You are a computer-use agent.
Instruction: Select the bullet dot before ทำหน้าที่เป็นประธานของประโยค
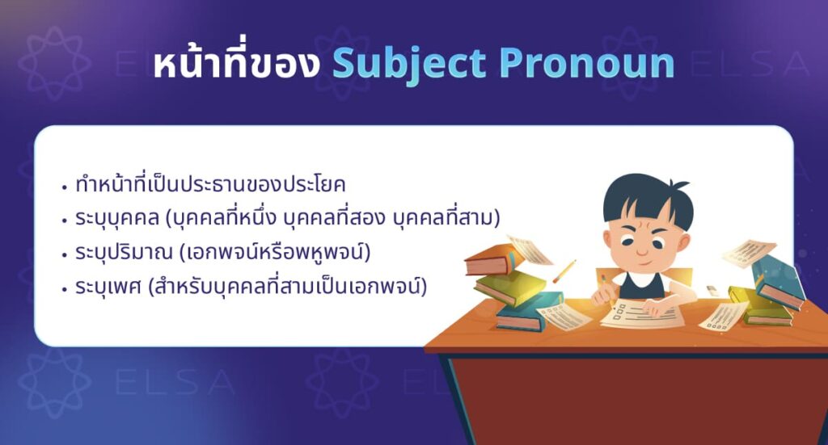(x=64, y=187)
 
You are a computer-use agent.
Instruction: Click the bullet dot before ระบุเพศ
(x=64, y=288)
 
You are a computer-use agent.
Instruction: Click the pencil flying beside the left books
(x=565, y=271)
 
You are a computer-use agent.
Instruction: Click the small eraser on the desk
(x=712, y=289)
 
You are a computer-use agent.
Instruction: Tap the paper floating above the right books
(x=747, y=252)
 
